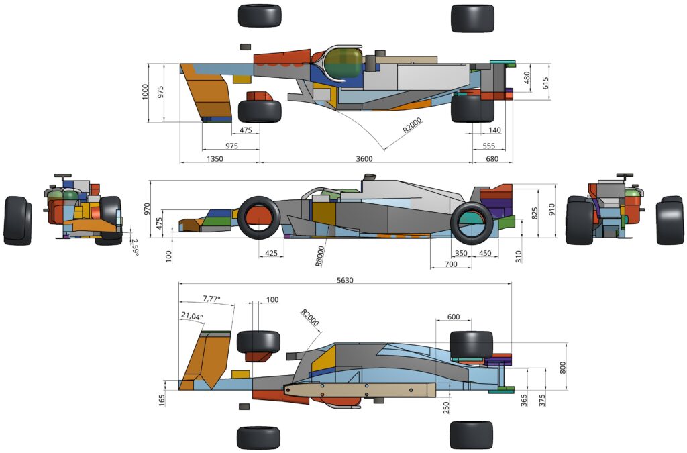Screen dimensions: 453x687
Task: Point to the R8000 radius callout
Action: pos(321,255)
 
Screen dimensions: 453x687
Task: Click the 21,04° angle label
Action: pos(191,316)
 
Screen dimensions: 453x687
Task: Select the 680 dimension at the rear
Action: pos(492,158)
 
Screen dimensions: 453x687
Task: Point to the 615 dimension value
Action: pos(545,82)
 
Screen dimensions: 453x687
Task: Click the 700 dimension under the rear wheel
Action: pos(450,266)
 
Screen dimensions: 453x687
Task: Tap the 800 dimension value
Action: pos(564,368)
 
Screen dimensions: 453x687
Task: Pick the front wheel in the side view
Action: pos(258,217)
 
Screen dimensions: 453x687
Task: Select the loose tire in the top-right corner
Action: pos(472,18)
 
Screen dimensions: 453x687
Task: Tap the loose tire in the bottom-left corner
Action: pos(258,438)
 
